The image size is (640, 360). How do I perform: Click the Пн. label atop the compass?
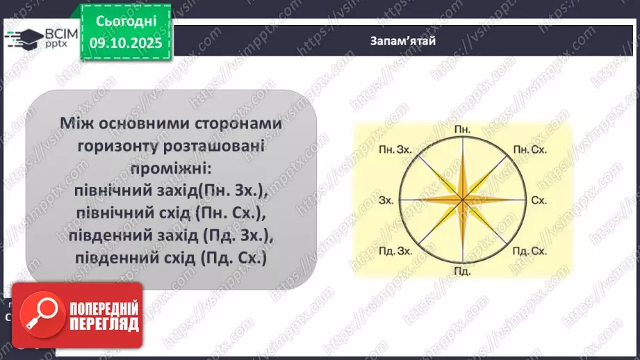coord(461,130)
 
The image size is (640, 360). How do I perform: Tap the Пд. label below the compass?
coord(461,270)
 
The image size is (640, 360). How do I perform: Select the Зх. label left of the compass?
coord(387,200)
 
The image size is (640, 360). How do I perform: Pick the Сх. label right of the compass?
coord(539,200)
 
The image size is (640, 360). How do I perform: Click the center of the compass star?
coord(462,200)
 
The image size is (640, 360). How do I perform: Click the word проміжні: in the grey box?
coord(170,169)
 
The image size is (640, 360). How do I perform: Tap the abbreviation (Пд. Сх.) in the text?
coord(233,258)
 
